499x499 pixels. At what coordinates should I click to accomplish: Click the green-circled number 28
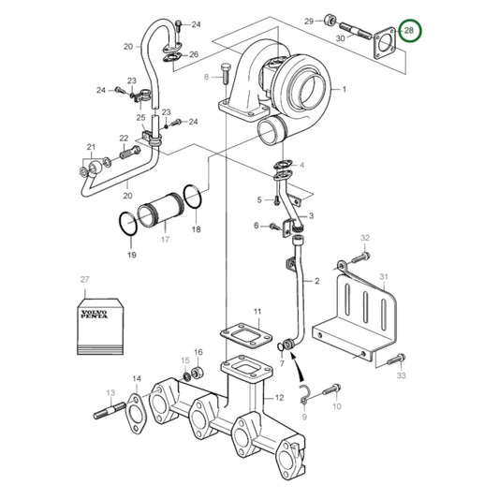tap(409, 32)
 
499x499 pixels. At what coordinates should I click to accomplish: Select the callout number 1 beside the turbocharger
tap(344, 89)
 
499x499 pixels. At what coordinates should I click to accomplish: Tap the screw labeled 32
tap(361, 252)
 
